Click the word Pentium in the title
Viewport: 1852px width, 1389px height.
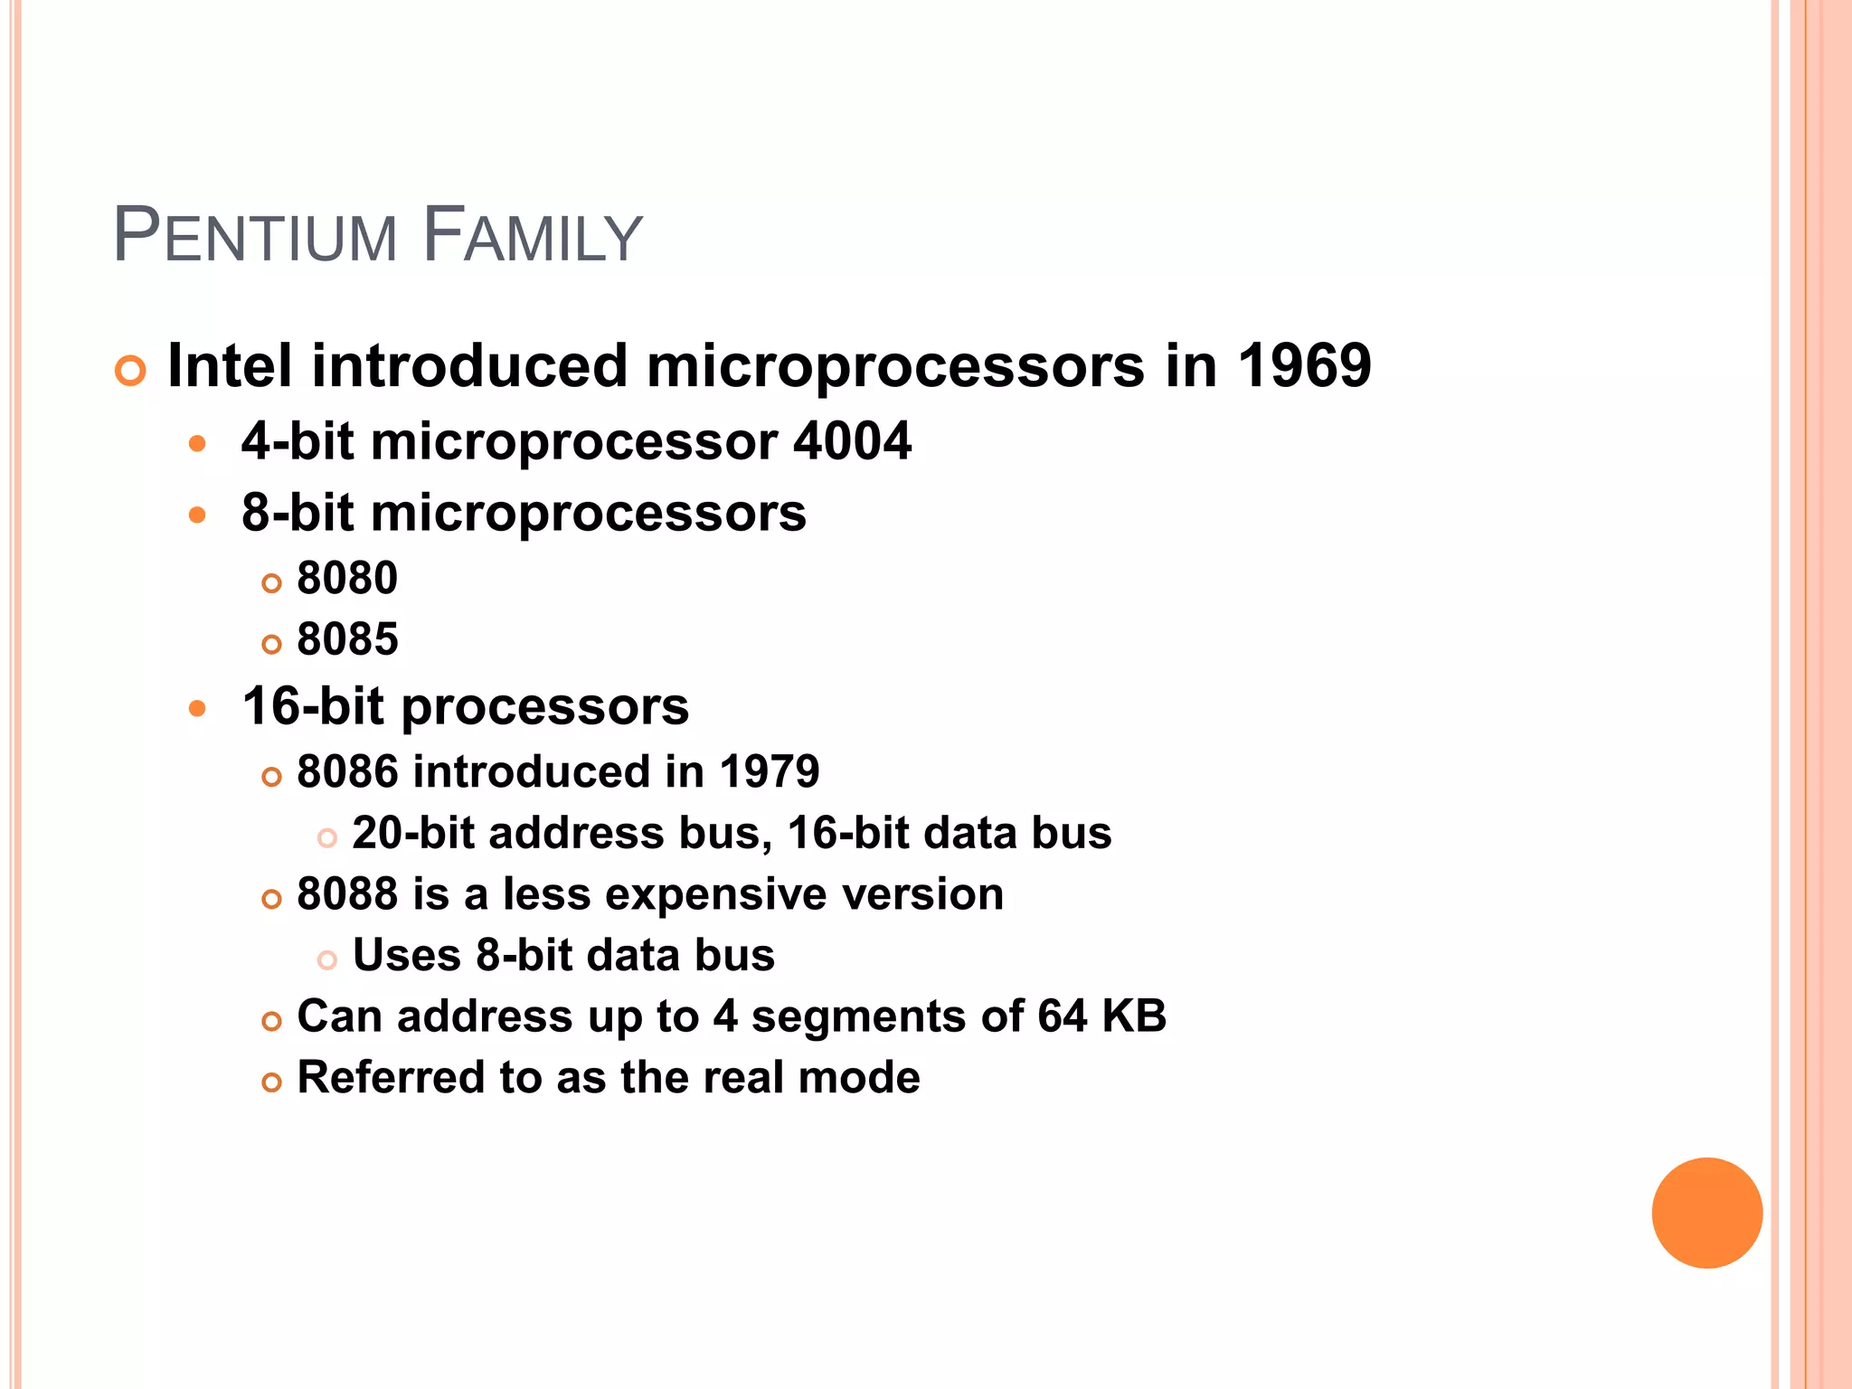pos(255,237)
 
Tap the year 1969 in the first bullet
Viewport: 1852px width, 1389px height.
pos(1303,366)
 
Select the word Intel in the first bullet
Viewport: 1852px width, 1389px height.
pos(230,366)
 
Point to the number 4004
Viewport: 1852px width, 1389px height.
pos(852,441)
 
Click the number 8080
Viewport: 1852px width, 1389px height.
pos(347,578)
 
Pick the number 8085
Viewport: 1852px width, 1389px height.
pos(347,639)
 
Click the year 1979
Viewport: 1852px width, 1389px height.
pos(770,772)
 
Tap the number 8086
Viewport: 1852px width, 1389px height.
pos(347,772)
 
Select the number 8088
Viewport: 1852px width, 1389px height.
pos(347,894)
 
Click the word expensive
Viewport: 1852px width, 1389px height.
pos(715,894)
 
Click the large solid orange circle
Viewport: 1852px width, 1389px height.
pos(1706,1213)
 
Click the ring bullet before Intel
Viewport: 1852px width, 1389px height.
pos(131,371)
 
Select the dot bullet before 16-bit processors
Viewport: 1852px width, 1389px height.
pos(198,708)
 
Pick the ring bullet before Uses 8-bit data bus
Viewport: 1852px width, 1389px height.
pos(327,960)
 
